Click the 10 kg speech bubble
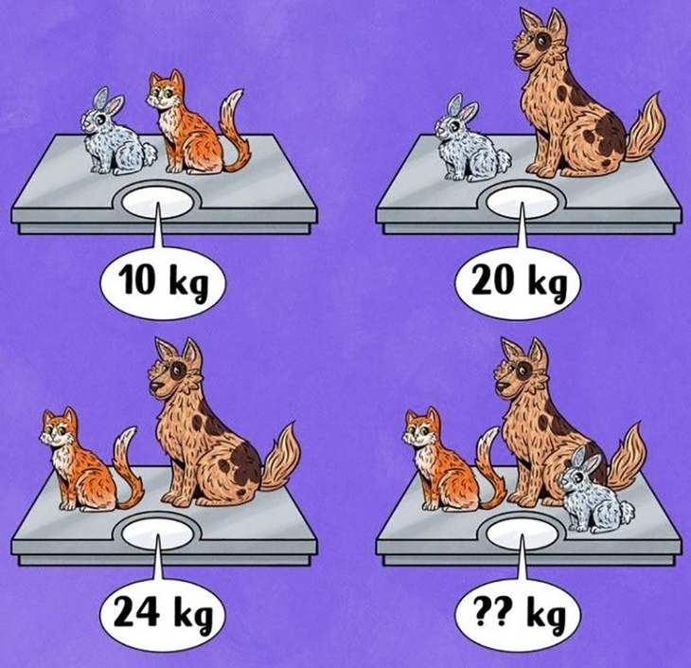pos(162,281)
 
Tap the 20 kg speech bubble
pos(518,281)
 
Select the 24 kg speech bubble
pos(162,614)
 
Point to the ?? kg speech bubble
pos(518,614)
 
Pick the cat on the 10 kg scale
pos(194,126)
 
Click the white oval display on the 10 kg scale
pos(157,202)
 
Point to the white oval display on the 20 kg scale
pos(523,202)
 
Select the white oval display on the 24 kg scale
pos(157,534)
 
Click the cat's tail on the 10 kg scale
pos(235,133)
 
